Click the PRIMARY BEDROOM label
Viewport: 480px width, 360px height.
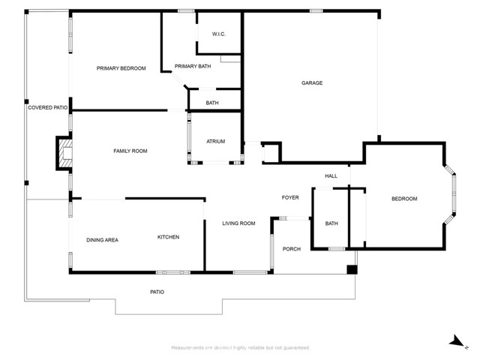pyautogui.click(x=121, y=68)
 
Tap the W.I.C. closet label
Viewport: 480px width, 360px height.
pyautogui.click(x=219, y=34)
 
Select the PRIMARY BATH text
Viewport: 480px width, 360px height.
pyautogui.click(x=193, y=67)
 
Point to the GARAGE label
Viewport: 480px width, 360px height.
pyautogui.click(x=312, y=83)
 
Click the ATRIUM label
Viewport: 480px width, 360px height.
pyautogui.click(x=216, y=142)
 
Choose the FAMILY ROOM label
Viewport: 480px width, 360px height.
pyautogui.click(x=130, y=151)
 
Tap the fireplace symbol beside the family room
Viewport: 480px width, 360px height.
pyautogui.click(x=64, y=154)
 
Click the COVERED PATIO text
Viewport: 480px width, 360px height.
pyautogui.click(x=47, y=108)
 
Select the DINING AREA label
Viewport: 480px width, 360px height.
pyautogui.click(x=102, y=240)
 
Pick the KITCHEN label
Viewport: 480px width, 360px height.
pyautogui.click(x=168, y=237)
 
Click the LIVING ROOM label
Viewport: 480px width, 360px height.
pyautogui.click(x=238, y=223)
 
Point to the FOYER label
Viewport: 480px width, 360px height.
pyautogui.click(x=290, y=198)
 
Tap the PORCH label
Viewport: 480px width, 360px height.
pyautogui.click(x=291, y=249)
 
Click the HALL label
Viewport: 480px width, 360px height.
pyautogui.click(x=331, y=176)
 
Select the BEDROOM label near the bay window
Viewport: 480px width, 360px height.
pyautogui.click(x=404, y=199)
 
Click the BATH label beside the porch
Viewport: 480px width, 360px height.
pyautogui.click(x=331, y=223)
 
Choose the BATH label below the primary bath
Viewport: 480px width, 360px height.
pyautogui.click(x=212, y=103)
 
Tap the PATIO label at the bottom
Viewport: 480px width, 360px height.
pyautogui.click(x=157, y=292)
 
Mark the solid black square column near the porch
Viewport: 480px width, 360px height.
pyautogui.click(x=351, y=269)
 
